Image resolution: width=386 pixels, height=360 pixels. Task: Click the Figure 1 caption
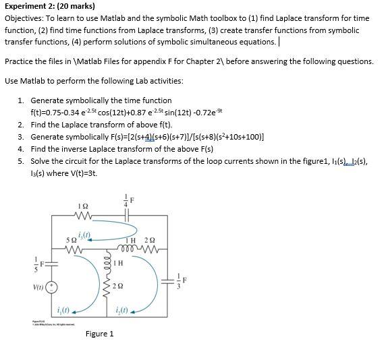[x=99, y=334]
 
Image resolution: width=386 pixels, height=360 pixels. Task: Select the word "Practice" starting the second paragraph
[x=20, y=61]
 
